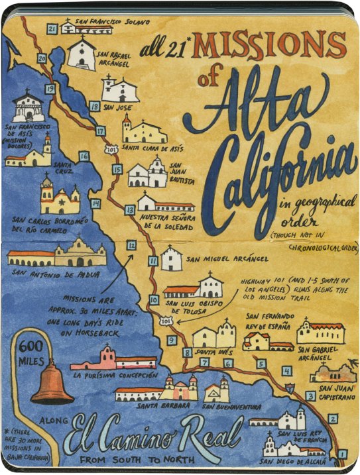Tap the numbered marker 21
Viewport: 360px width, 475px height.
[52, 28]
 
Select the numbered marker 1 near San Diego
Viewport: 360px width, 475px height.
[342, 454]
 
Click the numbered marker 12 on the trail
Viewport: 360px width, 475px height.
[131, 245]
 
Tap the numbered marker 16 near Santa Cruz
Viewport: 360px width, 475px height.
[84, 156]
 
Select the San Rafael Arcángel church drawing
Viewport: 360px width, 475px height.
[82, 53]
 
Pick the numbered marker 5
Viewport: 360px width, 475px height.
[261, 363]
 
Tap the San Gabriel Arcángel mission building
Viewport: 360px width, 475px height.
[321, 331]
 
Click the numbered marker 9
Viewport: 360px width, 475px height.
[171, 341]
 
